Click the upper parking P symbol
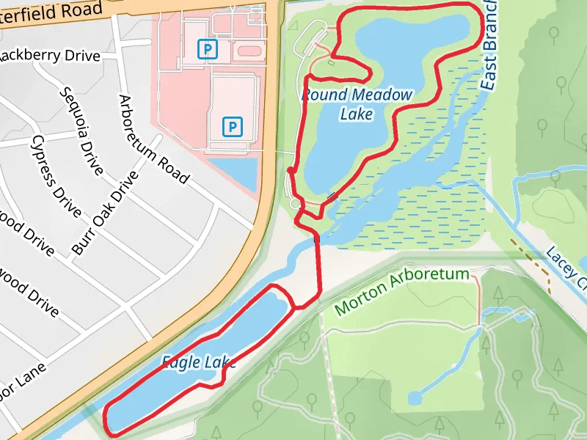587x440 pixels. point(209,49)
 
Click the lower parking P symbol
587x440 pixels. point(233,127)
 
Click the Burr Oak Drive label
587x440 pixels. point(105,213)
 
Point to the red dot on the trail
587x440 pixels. point(291,171)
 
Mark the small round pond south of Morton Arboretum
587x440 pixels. point(415,398)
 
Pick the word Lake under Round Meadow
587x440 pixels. point(357,114)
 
